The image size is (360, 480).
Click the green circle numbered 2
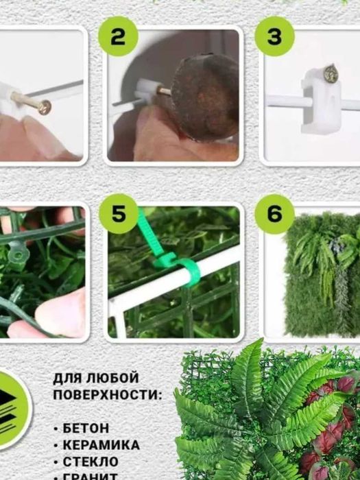119,38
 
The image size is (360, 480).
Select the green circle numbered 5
119,214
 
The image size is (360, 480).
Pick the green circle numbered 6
274,214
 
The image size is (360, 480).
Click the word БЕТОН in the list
86,428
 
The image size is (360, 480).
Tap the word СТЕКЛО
90,462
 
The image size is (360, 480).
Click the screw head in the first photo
46,107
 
